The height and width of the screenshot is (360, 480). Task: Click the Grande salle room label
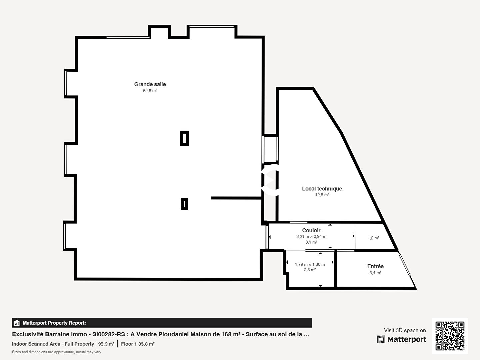coord(150,84)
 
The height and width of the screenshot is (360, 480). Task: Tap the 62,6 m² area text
coord(150,91)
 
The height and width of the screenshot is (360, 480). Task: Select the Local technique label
coord(322,188)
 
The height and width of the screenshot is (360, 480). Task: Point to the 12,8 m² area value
coord(322,195)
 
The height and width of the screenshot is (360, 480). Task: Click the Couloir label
coord(311,230)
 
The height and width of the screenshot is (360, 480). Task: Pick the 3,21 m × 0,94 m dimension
coord(311,236)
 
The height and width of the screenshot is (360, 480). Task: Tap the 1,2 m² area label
coord(373,238)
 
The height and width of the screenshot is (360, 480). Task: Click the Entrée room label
coord(375,266)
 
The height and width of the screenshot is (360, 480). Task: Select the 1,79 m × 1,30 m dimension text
coord(310,264)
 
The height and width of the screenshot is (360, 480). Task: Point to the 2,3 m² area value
coord(310,270)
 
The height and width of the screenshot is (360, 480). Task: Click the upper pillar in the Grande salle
coord(185,138)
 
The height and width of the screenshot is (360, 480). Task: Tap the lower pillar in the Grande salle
coord(184,204)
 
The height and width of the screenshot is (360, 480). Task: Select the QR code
coord(450,336)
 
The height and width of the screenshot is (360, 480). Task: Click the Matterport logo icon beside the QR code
coord(381,339)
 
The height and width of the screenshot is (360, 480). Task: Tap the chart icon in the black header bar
coord(17,323)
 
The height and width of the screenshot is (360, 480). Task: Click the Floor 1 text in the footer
coord(129,344)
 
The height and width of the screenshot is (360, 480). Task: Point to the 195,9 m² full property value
coord(105,344)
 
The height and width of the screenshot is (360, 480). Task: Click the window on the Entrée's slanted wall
coord(405,265)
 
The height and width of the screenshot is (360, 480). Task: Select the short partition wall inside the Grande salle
coord(236,198)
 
